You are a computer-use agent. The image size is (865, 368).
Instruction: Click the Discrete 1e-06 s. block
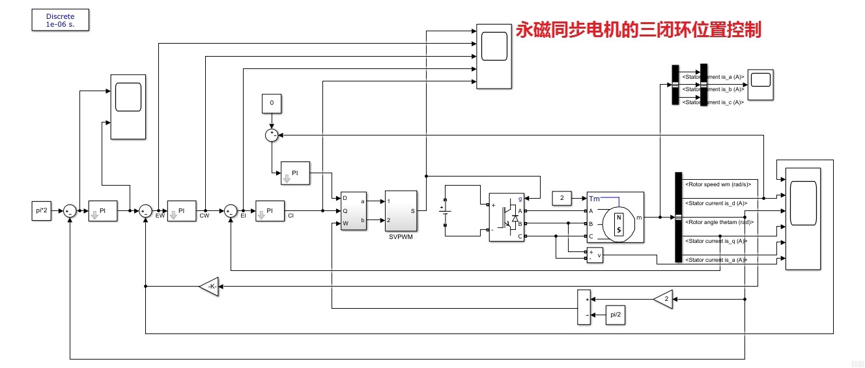[60, 20]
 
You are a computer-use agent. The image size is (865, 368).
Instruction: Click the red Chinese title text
[638, 30]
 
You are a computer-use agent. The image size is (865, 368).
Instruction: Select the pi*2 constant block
[42, 210]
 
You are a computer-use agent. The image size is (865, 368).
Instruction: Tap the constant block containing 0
[272, 103]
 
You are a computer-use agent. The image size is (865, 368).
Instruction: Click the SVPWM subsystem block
[401, 211]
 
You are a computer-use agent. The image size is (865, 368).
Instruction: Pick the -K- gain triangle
[209, 287]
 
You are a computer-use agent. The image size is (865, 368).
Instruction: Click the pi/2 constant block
[614, 314]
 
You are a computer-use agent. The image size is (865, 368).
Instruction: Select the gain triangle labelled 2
[663, 299]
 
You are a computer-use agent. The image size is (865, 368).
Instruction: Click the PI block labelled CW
[182, 210]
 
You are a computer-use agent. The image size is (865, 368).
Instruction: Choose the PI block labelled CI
[270, 210]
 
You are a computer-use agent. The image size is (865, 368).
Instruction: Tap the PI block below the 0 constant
[294, 173]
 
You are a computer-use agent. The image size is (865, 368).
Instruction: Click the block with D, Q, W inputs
[354, 210]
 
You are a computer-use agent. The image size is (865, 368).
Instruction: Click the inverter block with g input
[506, 217]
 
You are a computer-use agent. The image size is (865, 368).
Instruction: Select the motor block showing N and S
[615, 218]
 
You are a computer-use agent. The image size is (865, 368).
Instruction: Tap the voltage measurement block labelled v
[595, 257]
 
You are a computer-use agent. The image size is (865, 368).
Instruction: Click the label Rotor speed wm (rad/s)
[716, 184]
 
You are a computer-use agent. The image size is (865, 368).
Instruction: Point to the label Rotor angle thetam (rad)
[719, 222]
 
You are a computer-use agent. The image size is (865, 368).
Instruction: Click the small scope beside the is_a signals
[760, 84]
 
